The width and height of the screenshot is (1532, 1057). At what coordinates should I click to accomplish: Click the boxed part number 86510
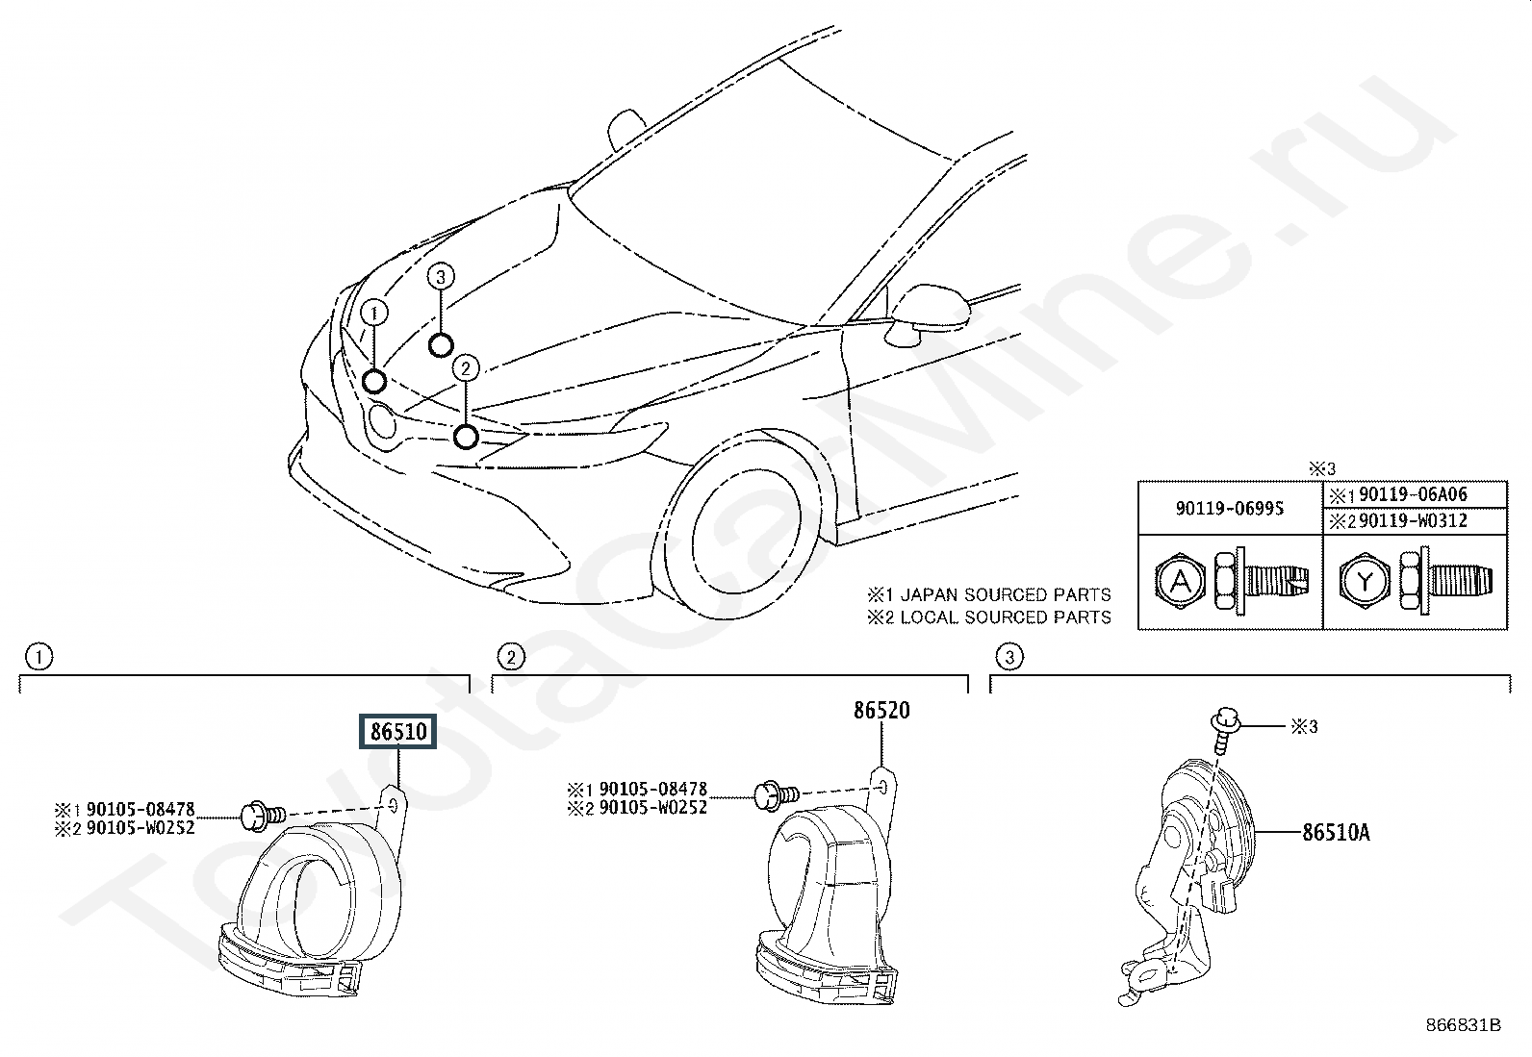[x=398, y=732]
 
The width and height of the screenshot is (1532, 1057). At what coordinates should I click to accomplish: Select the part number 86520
[x=881, y=711]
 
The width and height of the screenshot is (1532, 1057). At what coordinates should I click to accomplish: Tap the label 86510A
[x=1336, y=832]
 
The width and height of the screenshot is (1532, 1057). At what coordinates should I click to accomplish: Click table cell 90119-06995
[x=1230, y=508]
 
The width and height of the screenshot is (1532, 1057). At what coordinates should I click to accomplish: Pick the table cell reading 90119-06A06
[x=1413, y=494]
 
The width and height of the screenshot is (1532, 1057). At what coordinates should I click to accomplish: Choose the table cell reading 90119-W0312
[x=1413, y=521]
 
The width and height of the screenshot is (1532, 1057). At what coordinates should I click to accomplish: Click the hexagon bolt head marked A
[x=1180, y=582]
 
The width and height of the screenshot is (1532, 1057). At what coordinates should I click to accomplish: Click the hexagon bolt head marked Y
[x=1364, y=582]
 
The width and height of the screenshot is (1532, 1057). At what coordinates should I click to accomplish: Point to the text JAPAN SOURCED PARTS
[x=1006, y=594]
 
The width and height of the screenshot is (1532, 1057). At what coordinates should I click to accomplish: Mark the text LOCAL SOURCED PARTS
[x=1006, y=617]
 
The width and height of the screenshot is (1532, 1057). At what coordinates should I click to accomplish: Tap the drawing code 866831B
[x=1463, y=1025]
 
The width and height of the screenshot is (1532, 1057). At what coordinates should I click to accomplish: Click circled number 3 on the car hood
[x=441, y=277]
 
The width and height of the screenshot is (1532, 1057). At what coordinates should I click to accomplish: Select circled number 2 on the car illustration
[x=466, y=368]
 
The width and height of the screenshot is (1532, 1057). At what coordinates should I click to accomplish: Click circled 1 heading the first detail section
[x=39, y=657]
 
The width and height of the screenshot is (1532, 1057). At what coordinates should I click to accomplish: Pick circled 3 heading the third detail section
[x=1009, y=657]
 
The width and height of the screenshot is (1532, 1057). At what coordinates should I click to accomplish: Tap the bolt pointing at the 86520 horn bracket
[x=777, y=794]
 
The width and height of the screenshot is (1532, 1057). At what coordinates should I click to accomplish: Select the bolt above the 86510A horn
[x=1223, y=730]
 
